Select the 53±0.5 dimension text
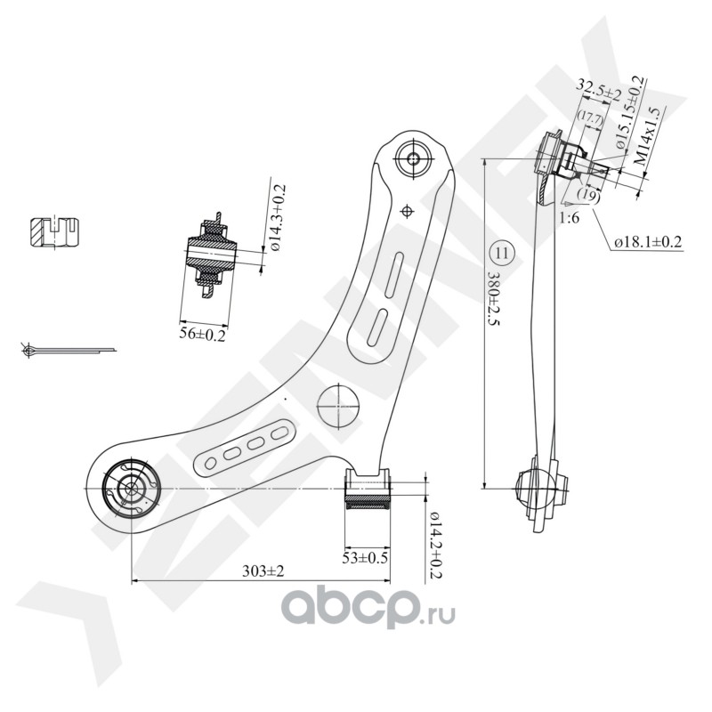point(366,557)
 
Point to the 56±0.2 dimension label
point(202,334)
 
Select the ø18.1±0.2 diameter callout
point(647,241)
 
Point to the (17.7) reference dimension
point(589,117)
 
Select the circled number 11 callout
point(502,253)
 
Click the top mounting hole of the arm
point(412,159)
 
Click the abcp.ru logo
point(368,608)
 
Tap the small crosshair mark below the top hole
point(408,211)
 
